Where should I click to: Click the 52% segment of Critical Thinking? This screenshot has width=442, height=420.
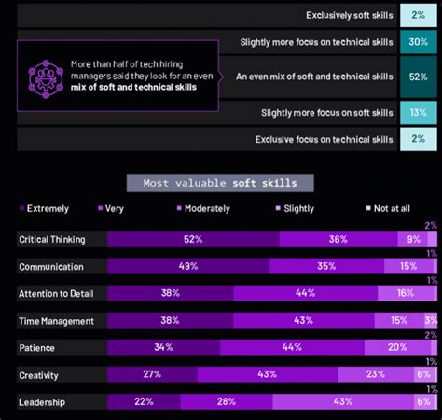(193, 240)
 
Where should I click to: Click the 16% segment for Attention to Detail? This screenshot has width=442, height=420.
(405, 293)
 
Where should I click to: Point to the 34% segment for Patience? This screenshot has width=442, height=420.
(162, 347)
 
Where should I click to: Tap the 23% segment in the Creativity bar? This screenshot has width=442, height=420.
(375, 374)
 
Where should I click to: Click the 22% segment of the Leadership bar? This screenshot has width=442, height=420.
(144, 401)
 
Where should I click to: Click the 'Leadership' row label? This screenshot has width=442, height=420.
(44, 402)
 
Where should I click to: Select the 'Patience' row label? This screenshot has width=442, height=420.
(38, 347)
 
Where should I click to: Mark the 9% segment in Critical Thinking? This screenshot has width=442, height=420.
(413, 240)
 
